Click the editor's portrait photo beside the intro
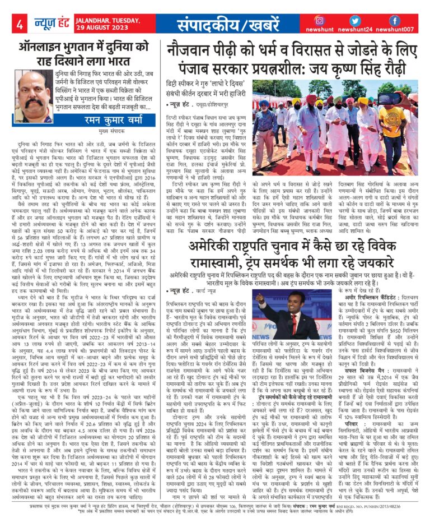pos(32,90)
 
